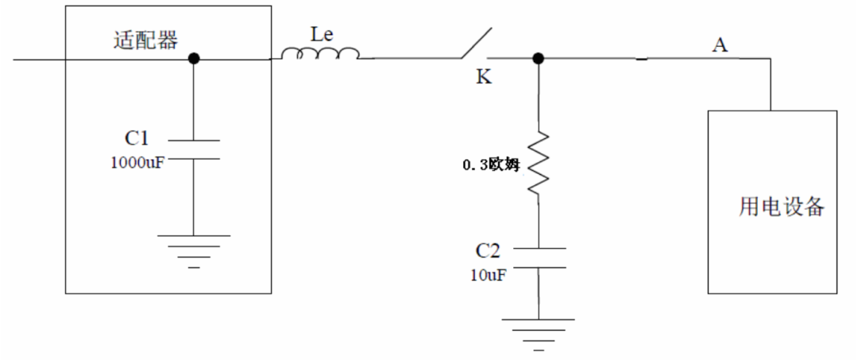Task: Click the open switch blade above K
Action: (475, 44)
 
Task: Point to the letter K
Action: (483, 78)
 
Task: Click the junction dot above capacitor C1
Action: (193, 58)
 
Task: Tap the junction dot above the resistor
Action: (538, 58)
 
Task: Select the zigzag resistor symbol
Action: (539, 163)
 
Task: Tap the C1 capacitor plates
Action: (193, 149)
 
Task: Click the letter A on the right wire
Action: (720, 45)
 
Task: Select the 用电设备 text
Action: (782, 207)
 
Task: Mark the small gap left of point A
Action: (642, 58)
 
